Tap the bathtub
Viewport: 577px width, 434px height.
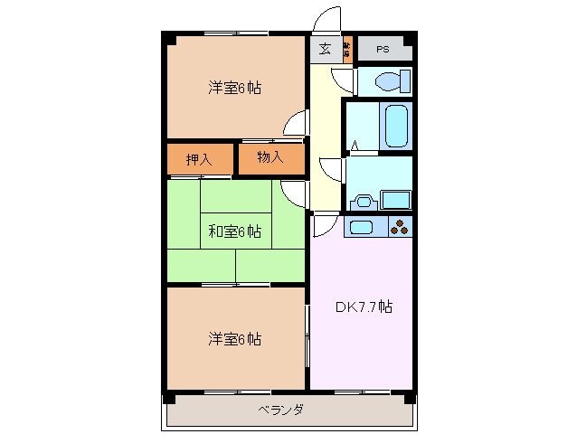[397, 126]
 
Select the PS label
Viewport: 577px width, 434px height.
[383, 49]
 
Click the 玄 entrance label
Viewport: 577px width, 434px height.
[325, 49]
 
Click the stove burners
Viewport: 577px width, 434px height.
[400, 227]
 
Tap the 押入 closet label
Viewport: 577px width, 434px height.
[199, 160]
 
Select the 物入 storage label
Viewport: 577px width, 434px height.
[270, 158]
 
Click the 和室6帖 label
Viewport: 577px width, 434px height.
[235, 231]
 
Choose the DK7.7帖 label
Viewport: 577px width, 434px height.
[364, 307]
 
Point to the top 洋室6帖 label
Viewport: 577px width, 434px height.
[235, 88]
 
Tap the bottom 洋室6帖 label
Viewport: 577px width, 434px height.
[235, 339]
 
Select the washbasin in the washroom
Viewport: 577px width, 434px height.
[364, 201]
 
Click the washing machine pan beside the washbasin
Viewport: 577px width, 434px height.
[396, 199]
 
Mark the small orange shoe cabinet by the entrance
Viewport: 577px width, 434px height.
[346, 49]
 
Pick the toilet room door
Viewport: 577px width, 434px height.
[345, 80]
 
